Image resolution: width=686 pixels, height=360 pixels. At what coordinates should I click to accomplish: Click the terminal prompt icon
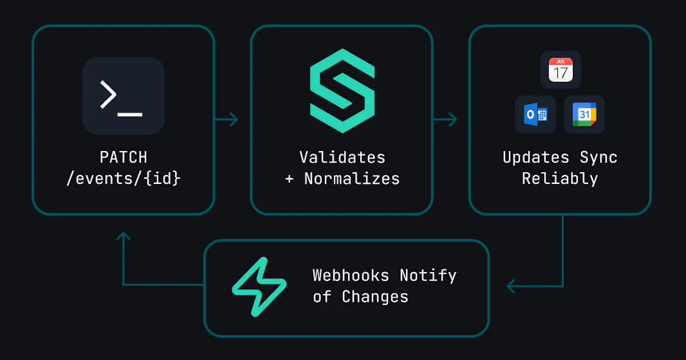pyautogui.click(x=123, y=96)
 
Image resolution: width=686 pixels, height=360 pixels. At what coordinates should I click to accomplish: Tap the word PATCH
pyautogui.click(x=123, y=157)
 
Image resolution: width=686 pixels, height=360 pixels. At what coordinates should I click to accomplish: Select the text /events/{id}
pyautogui.click(x=123, y=178)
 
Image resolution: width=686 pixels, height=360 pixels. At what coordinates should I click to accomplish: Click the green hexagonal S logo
pyautogui.click(x=342, y=91)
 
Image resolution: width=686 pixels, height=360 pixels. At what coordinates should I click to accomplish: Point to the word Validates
pyautogui.click(x=342, y=157)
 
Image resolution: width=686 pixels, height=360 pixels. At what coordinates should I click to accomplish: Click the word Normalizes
pyautogui.click(x=352, y=178)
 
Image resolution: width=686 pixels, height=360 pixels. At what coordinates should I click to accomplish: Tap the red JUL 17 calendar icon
pyautogui.click(x=560, y=70)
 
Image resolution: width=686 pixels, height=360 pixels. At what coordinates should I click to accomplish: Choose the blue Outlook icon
pyautogui.click(x=535, y=114)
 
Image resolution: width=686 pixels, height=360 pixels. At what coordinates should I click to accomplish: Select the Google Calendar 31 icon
pyautogui.click(x=584, y=114)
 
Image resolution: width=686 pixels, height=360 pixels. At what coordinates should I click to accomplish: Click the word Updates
pyautogui.click(x=536, y=157)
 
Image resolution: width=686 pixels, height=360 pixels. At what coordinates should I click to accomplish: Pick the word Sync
pyautogui.click(x=599, y=158)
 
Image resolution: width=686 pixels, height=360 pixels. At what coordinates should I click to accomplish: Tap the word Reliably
pyautogui.click(x=560, y=179)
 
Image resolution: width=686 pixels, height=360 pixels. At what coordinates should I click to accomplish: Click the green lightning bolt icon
pyautogui.click(x=259, y=286)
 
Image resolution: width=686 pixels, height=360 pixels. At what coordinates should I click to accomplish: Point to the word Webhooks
pyautogui.click(x=350, y=275)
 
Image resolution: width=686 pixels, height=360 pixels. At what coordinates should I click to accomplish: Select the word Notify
pyautogui.click(x=428, y=276)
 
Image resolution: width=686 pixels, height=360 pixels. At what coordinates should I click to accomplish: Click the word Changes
pyautogui.click(x=375, y=297)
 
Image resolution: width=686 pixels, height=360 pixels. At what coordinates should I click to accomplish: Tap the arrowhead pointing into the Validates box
pyautogui.click(x=234, y=119)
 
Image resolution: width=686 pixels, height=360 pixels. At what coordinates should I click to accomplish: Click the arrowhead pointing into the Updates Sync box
pyautogui.click(x=453, y=119)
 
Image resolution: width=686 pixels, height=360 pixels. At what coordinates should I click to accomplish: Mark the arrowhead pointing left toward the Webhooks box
pyautogui.click(x=511, y=286)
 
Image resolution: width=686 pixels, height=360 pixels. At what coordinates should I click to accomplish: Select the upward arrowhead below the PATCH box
pyautogui.click(x=123, y=235)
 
